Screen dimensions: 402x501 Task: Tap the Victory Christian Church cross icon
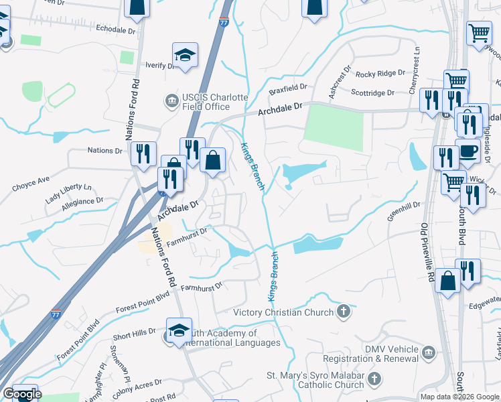(343, 312)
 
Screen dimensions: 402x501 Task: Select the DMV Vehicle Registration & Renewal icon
(428, 352)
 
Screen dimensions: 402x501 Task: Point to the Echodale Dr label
(115, 30)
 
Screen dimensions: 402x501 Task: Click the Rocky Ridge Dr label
(380, 74)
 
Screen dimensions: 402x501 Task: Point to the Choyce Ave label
(31, 181)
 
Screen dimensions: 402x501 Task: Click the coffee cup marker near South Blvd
(468, 149)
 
